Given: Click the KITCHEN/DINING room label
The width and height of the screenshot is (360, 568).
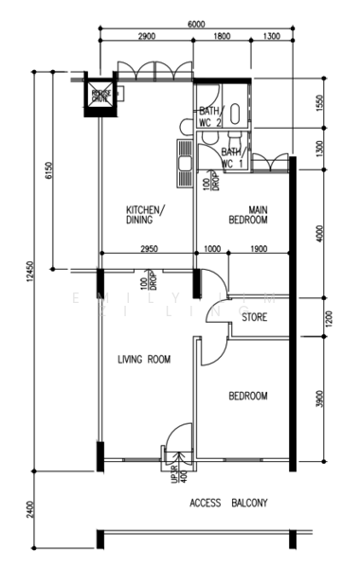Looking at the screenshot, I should pyautogui.click(x=147, y=215).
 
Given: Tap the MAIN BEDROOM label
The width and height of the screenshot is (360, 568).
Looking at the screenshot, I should pyautogui.click(x=247, y=215).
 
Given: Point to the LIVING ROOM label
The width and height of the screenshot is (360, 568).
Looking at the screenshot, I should pyautogui.click(x=143, y=359).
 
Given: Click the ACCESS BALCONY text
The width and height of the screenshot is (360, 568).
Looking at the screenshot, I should pyautogui.click(x=228, y=503).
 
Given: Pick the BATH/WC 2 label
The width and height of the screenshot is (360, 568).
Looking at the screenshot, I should pyautogui.click(x=210, y=116).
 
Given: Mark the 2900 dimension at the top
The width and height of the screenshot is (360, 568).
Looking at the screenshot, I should pyautogui.click(x=145, y=36).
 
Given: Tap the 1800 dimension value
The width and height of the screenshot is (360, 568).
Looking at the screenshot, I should pyautogui.click(x=220, y=36).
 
